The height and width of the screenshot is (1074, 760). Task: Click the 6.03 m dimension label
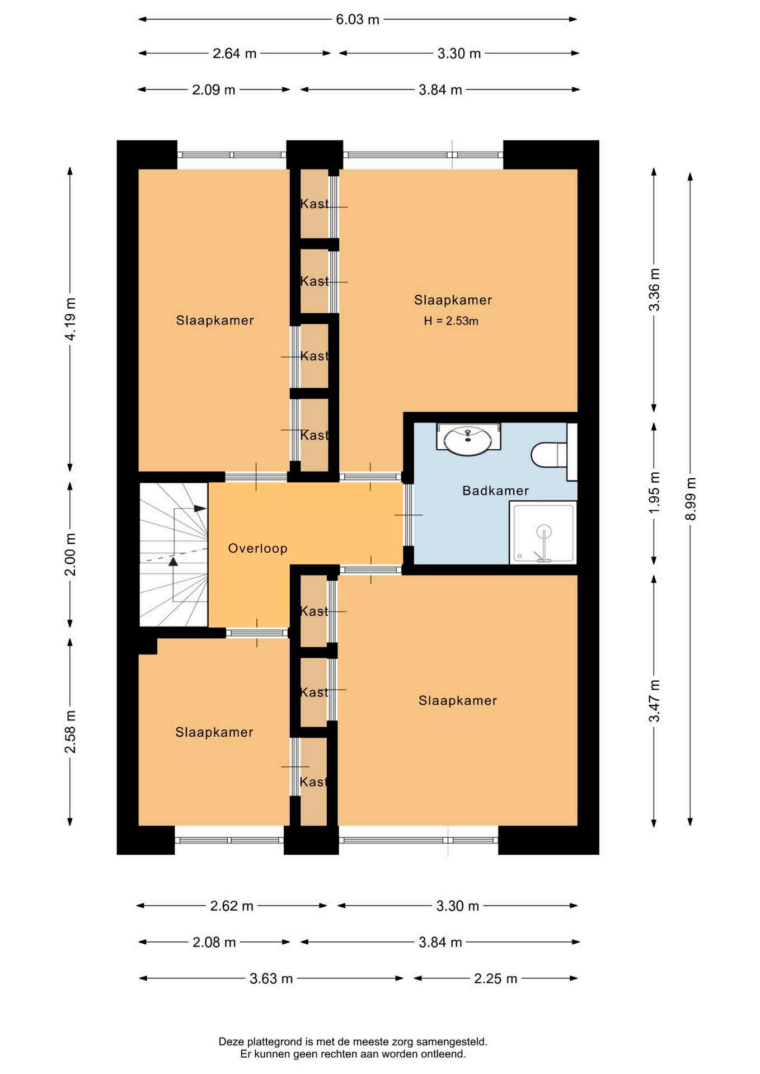click(x=357, y=20)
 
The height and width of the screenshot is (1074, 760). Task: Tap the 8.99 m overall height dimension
click(x=691, y=498)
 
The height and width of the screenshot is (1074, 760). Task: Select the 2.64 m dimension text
click(x=234, y=54)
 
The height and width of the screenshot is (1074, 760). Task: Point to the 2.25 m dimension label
click(x=495, y=978)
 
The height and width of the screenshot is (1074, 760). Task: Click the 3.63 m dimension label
click(x=271, y=978)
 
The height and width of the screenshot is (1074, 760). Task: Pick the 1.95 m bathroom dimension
click(x=654, y=492)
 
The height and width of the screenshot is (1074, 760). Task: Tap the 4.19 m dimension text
click(x=70, y=319)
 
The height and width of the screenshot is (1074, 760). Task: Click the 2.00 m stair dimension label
click(x=70, y=554)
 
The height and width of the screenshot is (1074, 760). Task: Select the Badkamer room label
click(x=495, y=491)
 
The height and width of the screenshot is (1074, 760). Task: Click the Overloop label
click(x=257, y=548)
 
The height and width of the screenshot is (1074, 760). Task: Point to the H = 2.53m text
click(x=451, y=321)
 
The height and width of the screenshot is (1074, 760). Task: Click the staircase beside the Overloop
click(x=173, y=554)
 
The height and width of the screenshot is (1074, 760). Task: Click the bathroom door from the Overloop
click(x=408, y=515)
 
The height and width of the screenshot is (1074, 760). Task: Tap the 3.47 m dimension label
click(x=654, y=701)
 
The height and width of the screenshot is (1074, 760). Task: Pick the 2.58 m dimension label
click(x=70, y=732)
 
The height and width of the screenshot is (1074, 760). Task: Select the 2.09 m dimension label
click(x=213, y=89)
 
